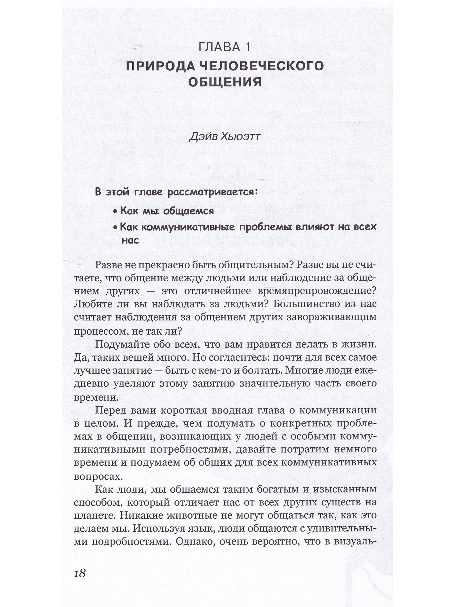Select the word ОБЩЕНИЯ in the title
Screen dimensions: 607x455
[x=225, y=82]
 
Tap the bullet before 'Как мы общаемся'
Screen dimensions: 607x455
[x=115, y=211]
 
